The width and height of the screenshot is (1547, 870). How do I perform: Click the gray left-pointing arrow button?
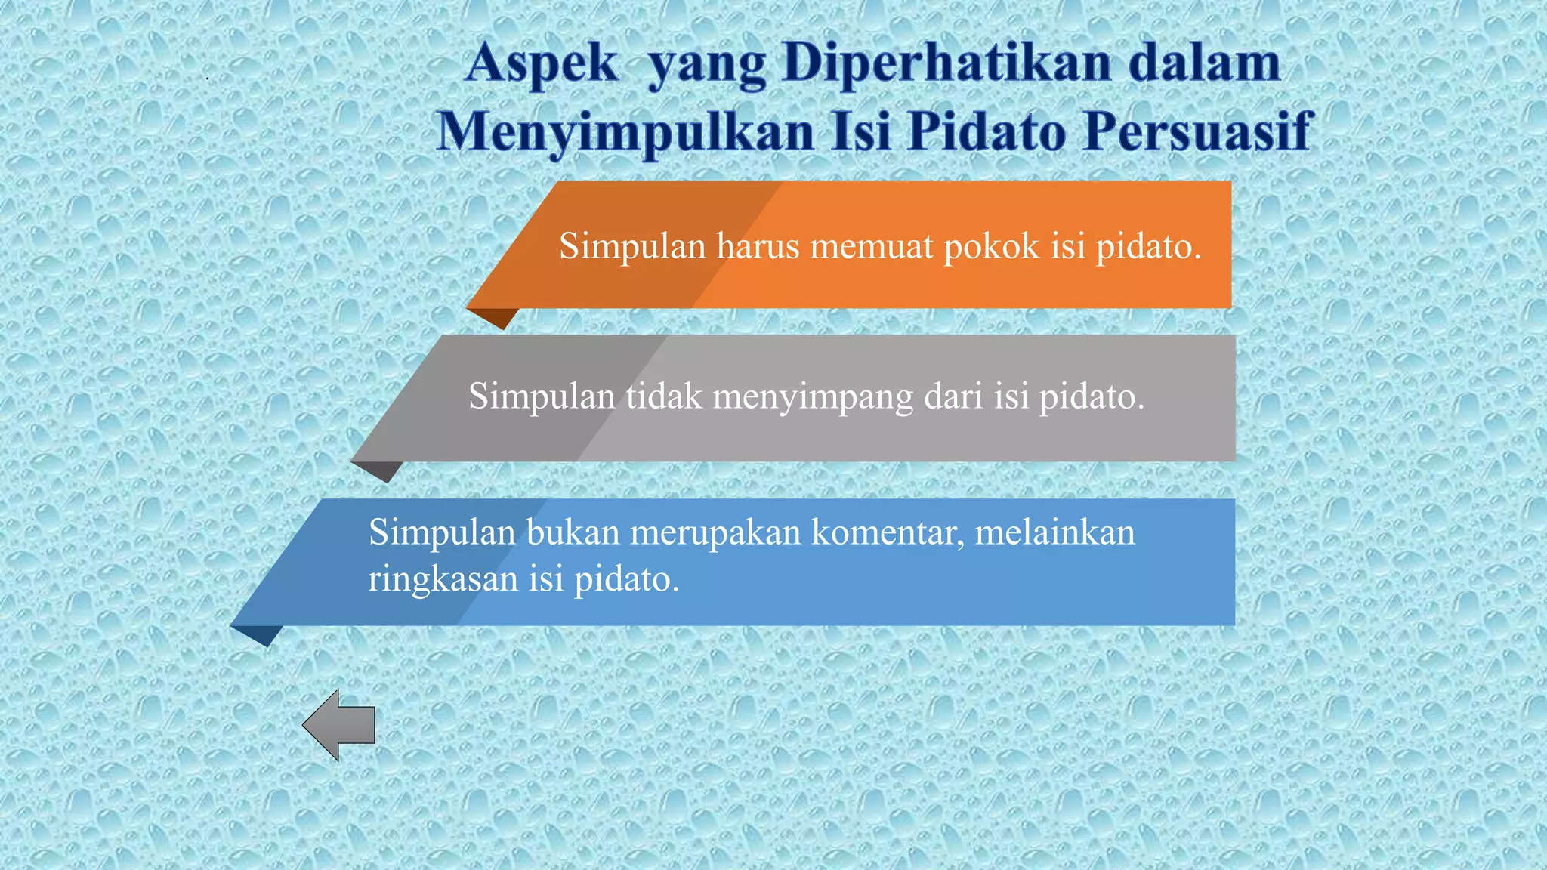[339, 725]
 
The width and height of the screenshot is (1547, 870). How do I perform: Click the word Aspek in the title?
[542, 63]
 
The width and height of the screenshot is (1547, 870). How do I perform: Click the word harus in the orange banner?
[758, 246]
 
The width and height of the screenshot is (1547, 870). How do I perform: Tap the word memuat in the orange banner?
[871, 246]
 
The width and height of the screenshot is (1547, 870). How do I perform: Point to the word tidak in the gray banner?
[664, 396]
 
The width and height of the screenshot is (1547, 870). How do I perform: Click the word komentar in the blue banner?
[888, 533]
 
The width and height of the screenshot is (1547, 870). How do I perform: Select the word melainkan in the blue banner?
[1055, 532]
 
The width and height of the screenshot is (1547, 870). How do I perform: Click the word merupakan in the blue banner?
[715, 533]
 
